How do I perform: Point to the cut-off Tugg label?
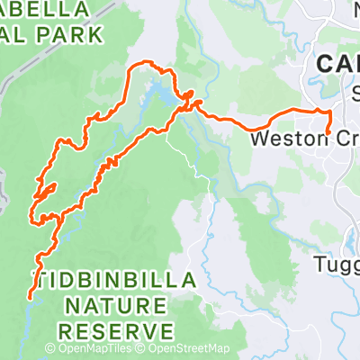coord(337,264)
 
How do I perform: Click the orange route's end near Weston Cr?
coord(328,132)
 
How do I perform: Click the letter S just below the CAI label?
coord(355,91)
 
